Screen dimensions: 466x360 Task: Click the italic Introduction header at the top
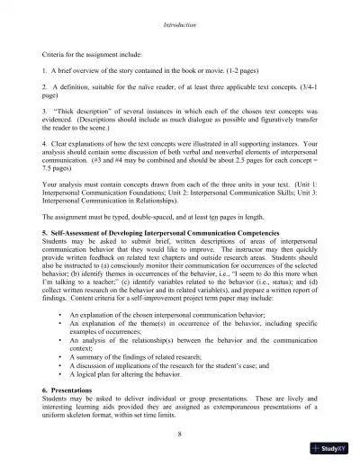(x=180, y=12)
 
